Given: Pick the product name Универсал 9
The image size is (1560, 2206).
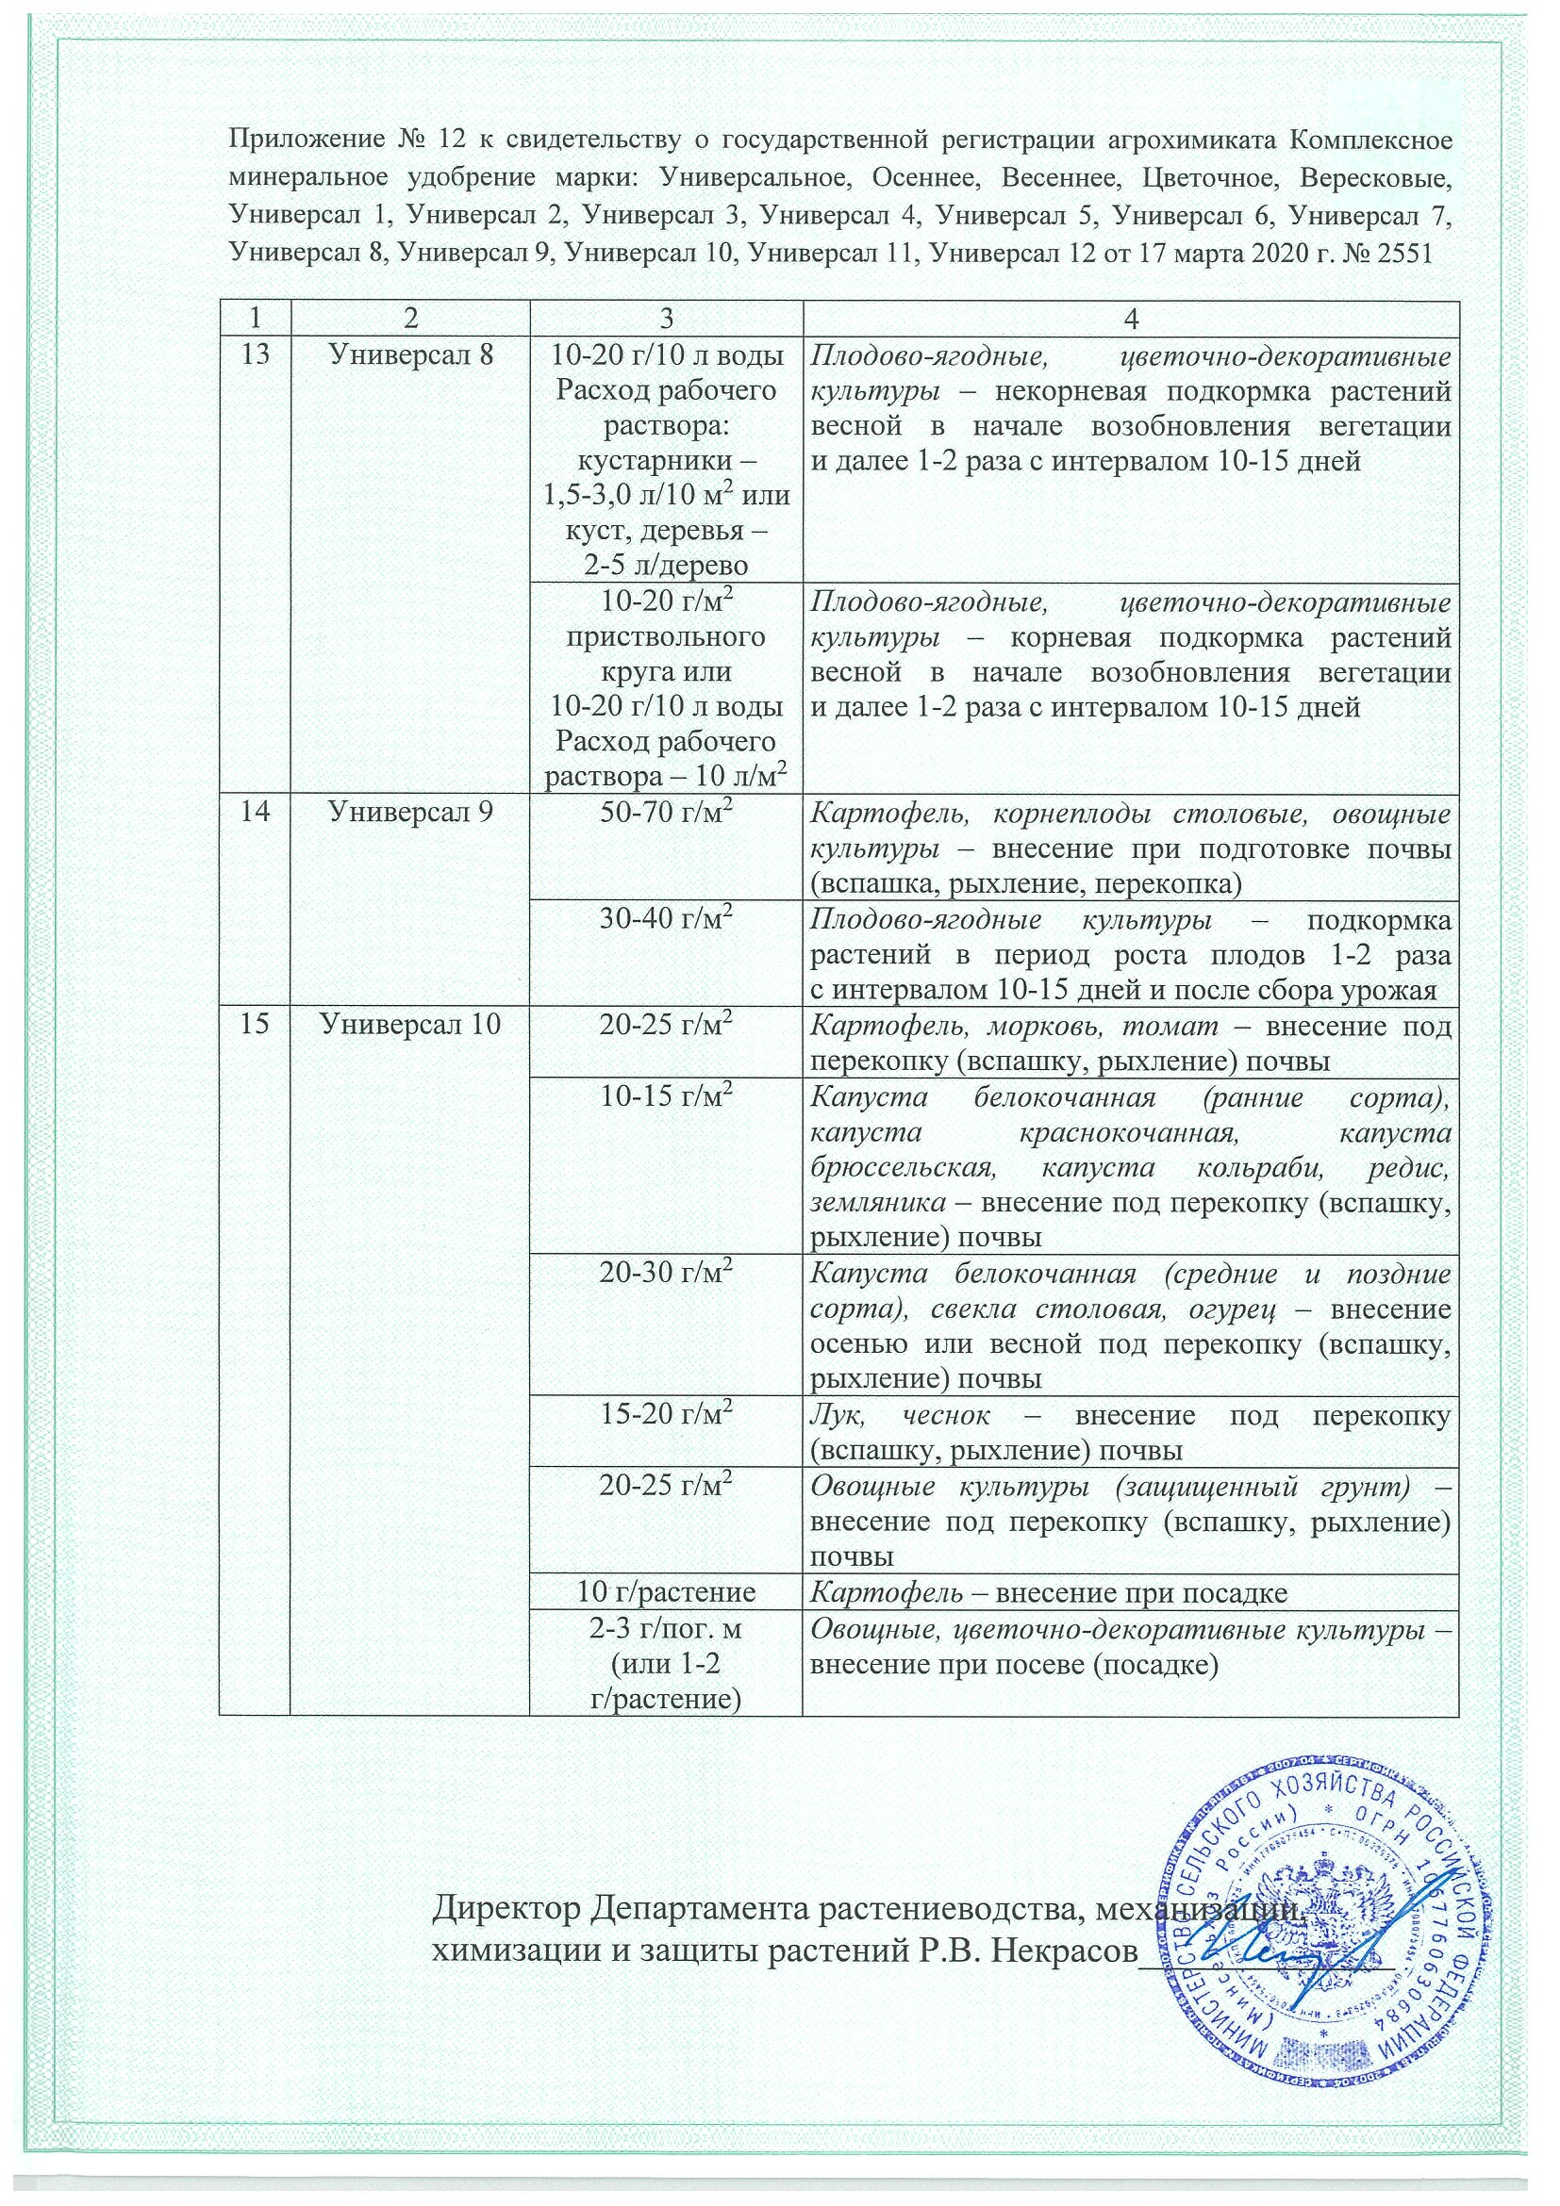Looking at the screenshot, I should [410, 812].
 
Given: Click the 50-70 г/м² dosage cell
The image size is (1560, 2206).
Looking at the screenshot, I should [665, 813].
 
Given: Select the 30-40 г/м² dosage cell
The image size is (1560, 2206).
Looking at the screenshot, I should [665, 919].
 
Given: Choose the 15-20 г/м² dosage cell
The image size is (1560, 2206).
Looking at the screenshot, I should [665, 1414].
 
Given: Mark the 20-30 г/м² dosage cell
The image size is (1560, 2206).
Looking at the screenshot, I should [665, 1274].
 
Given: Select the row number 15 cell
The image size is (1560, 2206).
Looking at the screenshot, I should [254, 1025].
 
